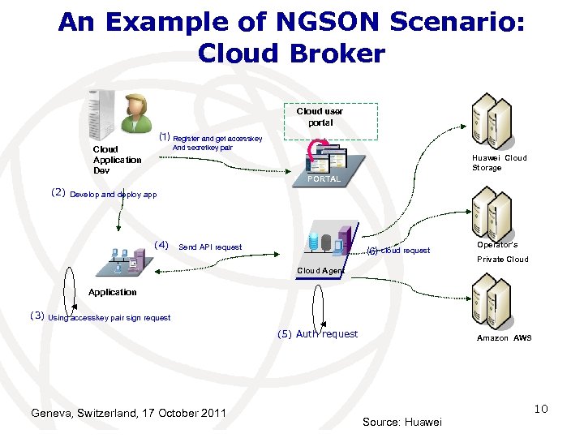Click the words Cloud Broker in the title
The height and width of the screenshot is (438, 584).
click(291, 54)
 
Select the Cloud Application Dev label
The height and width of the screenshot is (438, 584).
click(117, 160)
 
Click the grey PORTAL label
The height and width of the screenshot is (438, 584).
click(324, 178)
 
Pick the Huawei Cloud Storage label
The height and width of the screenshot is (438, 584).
click(499, 163)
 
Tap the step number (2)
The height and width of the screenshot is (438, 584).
click(58, 193)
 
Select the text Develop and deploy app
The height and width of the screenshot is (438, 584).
click(114, 195)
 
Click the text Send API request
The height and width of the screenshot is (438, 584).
click(210, 247)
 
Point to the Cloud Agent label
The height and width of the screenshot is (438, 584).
click(320, 270)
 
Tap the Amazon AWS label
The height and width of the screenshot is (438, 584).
click(504, 337)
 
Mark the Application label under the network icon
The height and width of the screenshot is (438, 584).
click(113, 292)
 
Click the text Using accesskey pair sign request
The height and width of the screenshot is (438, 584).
click(109, 318)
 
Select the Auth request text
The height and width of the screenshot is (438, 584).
click(327, 334)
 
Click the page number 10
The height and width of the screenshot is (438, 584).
click(541, 409)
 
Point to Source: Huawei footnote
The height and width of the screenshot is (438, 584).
click(402, 422)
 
